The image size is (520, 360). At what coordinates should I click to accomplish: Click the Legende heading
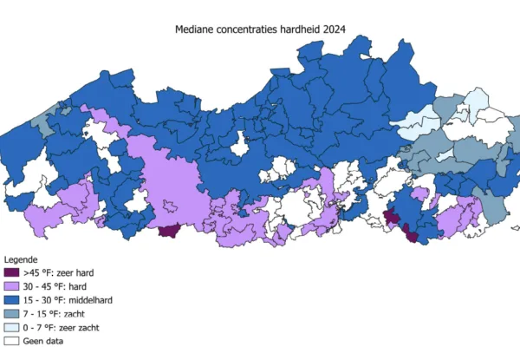pos(21,259)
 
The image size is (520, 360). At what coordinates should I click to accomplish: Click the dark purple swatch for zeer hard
pos(11,272)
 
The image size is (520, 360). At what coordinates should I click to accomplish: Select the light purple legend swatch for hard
pos(11,285)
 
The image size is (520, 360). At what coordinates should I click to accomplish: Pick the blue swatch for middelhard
pos(11,299)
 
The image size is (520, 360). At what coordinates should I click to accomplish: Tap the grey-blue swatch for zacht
pos(11,313)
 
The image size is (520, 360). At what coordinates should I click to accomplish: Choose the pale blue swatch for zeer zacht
pos(11,327)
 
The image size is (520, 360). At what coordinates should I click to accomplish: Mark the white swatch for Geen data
pos(11,341)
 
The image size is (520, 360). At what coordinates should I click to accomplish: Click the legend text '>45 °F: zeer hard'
pos(58,272)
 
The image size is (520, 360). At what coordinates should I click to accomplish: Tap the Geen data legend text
pos(42,341)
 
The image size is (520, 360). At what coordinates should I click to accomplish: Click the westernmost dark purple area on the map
pos(169,230)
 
